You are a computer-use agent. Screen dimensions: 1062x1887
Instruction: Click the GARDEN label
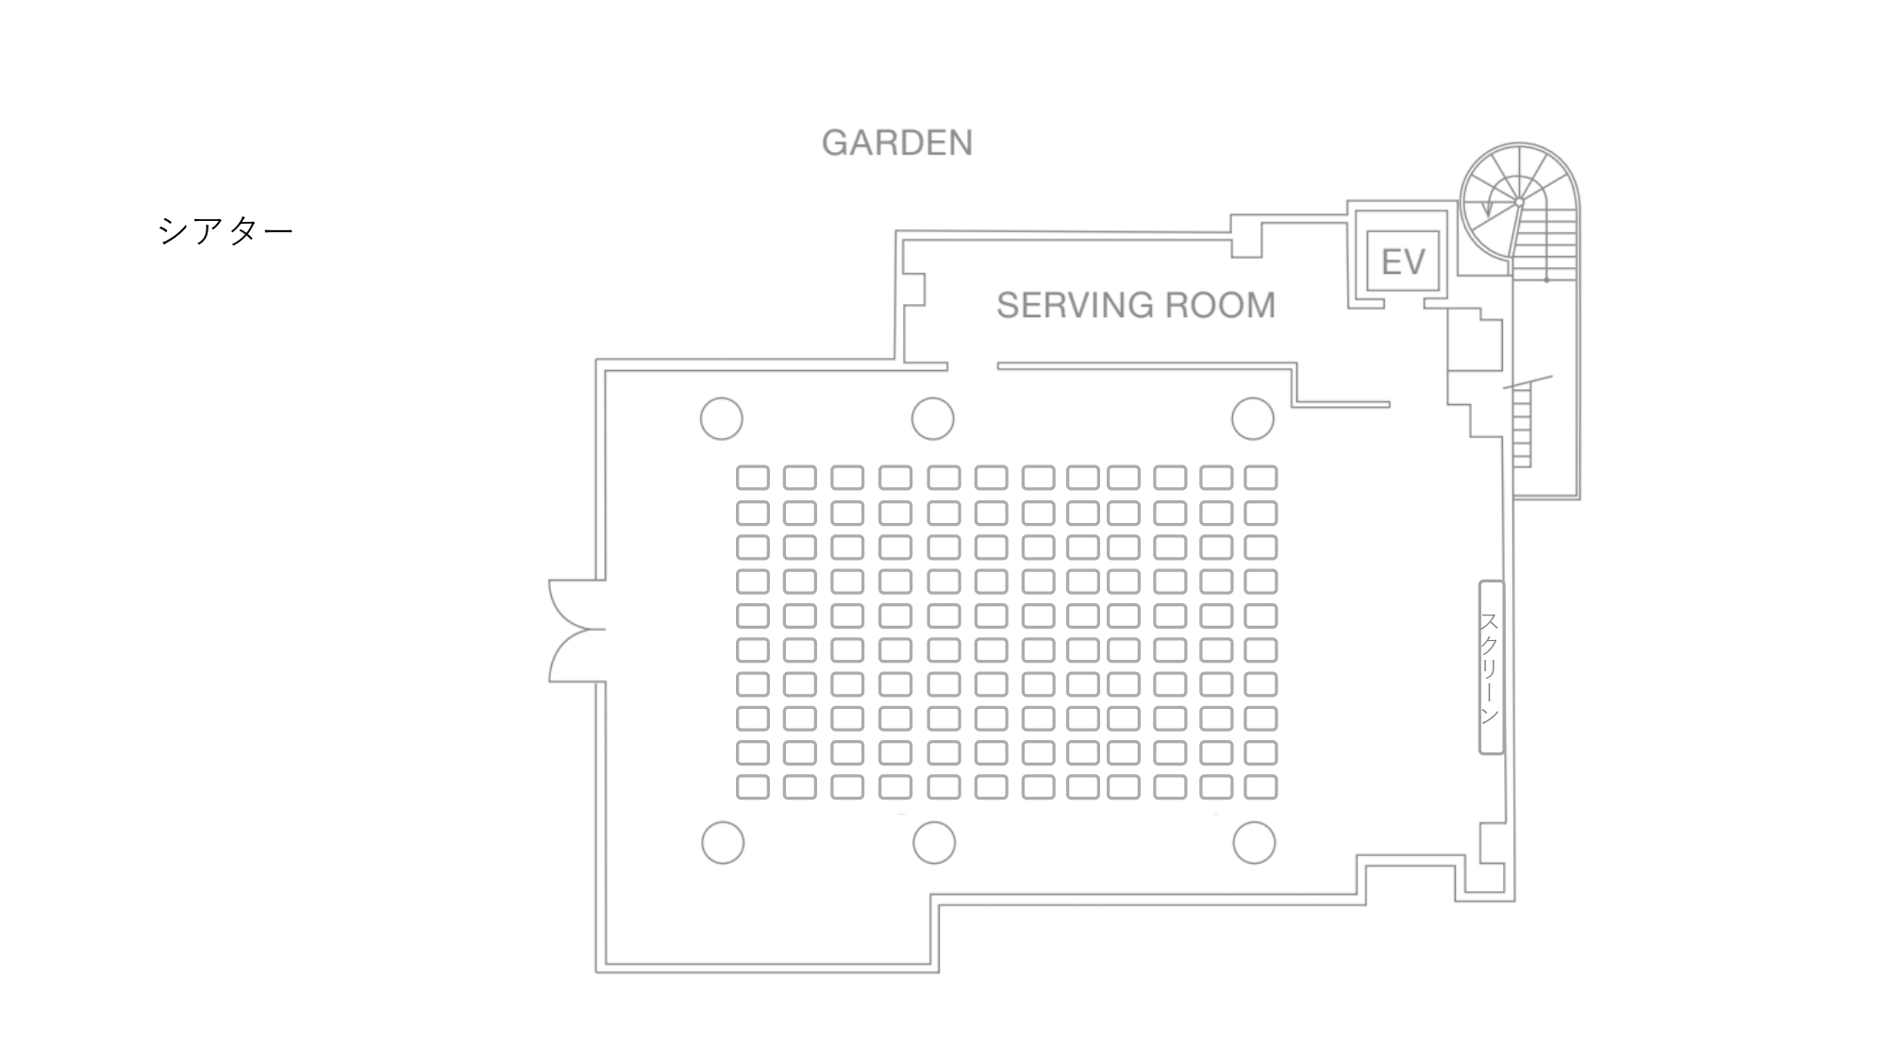pyautogui.click(x=896, y=143)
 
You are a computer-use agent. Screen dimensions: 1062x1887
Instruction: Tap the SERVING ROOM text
pyautogui.click(x=1135, y=305)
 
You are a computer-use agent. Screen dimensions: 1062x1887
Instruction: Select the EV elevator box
pyautogui.click(x=1403, y=261)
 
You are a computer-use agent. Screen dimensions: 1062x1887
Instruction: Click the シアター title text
pyautogui.click(x=225, y=230)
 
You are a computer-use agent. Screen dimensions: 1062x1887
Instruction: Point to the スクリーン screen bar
pyautogui.click(x=1490, y=667)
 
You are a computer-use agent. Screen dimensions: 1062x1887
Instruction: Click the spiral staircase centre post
pyautogui.click(x=1519, y=202)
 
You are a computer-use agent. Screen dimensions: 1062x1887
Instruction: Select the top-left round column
pyautogui.click(x=722, y=418)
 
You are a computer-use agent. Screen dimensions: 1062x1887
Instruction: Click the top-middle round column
pyautogui.click(x=932, y=418)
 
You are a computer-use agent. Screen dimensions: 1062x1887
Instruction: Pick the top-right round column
pyautogui.click(x=1253, y=418)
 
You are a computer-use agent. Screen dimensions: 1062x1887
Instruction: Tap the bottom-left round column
pyautogui.click(x=723, y=842)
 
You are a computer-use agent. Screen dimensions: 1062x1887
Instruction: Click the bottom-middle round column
pyautogui.click(x=934, y=842)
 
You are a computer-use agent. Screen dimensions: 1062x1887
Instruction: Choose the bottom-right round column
pyautogui.click(x=1254, y=842)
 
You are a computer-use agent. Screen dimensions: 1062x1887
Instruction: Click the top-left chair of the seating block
pyautogui.click(x=752, y=478)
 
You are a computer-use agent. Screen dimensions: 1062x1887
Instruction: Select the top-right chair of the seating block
pyautogui.click(x=1261, y=478)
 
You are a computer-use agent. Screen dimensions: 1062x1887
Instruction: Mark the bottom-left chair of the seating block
pyautogui.click(x=752, y=786)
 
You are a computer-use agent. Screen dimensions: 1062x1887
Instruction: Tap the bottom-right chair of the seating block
pyautogui.click(x=1261, y=786)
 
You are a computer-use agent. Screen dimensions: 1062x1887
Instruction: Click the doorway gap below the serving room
pyautogui.click(x=973, y=366)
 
